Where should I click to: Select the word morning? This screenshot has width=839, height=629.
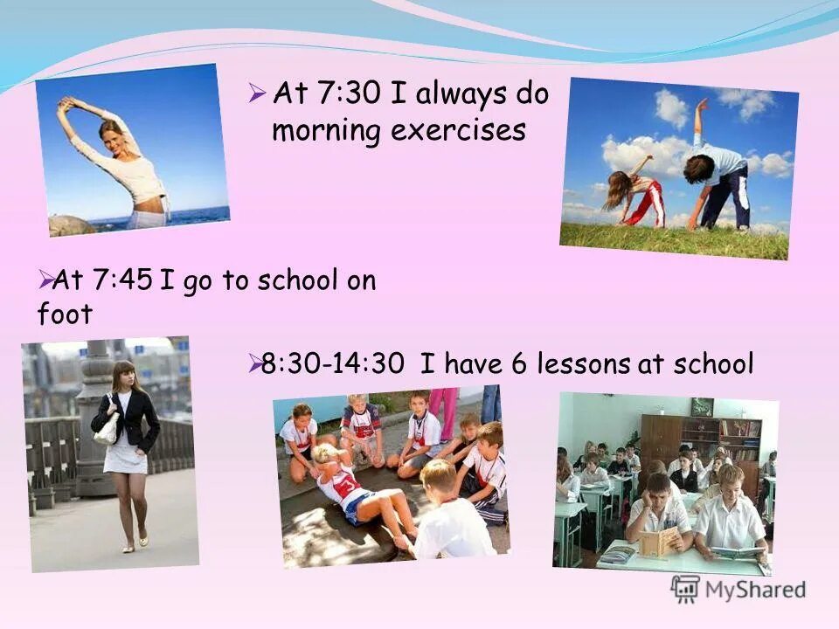[326, 131]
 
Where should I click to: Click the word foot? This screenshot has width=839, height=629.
[65, 314]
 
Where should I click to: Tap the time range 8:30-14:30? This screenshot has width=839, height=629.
[333, 363]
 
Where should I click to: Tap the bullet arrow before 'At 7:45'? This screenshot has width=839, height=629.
[45, 279]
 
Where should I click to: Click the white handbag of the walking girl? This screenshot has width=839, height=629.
[107, 428]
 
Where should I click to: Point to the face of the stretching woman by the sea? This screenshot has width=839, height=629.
[112, 135]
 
